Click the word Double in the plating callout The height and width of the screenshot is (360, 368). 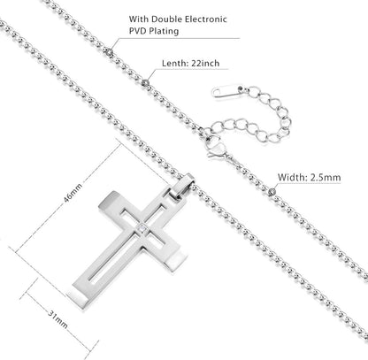(167, 19)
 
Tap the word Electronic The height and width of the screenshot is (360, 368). (206, 19)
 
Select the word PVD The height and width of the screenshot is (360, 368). (137, 31)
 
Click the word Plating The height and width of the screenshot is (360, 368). (164, 31)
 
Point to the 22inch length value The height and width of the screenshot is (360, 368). (205, 63)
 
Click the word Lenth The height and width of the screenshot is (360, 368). (175, 63)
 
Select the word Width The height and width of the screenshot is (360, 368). (292, 178)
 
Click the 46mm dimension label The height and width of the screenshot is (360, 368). (73, 193)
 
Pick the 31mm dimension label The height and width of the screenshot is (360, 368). (57, 319)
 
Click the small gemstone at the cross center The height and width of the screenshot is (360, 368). (142, 228)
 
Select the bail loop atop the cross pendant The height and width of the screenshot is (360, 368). (182, 187)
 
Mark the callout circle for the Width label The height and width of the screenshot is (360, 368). (272, 192)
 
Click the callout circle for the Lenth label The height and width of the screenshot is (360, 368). (145, 82)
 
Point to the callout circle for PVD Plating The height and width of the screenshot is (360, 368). (110, 52)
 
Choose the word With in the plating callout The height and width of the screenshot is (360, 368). (139, 19)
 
